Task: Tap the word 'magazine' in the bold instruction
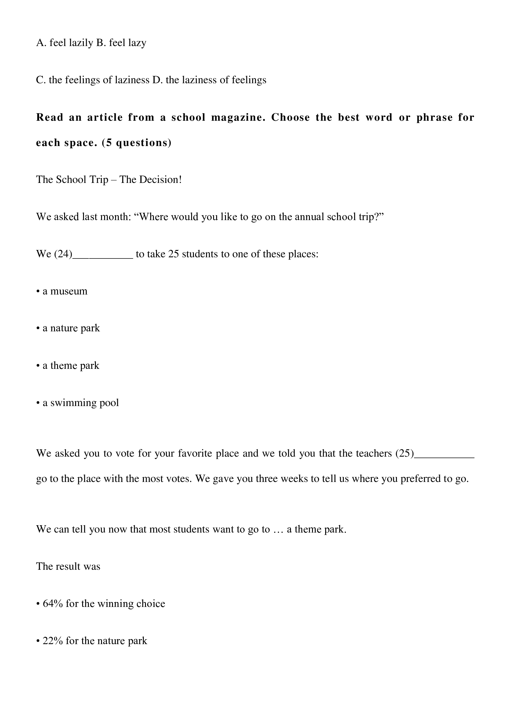238,117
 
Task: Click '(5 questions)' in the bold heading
136,143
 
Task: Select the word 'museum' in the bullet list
69,291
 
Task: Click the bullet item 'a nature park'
71,328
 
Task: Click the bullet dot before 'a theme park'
38,366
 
